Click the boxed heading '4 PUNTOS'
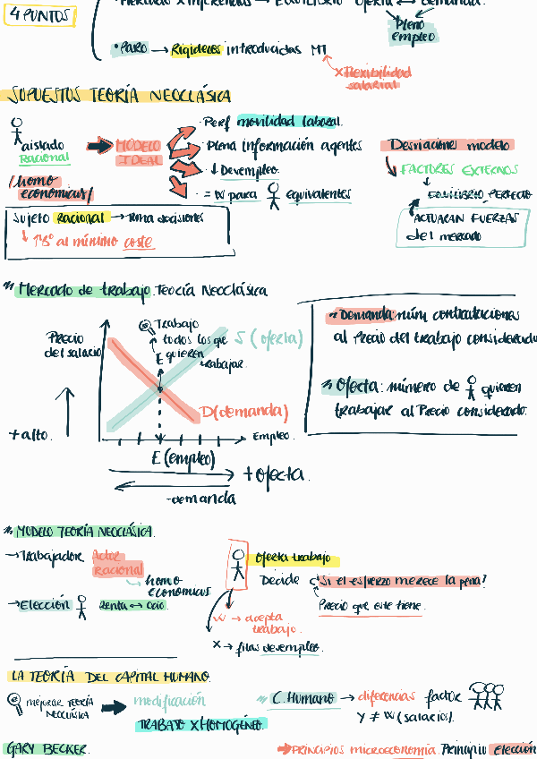pyautogui.click(x=39, y=15)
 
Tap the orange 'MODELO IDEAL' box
pyautogui.click(x=138, y=152)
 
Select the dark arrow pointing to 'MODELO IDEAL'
pyautogui.click(x=98, y=146)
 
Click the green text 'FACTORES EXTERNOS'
pyautogui.click(x=459, y=169)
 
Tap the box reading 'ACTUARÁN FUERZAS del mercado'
pyautogui.click(x=463, y=226)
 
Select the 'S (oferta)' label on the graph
pyautogui.click(x=268, y=338)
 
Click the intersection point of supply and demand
pyautogui.click(x=160, y=388)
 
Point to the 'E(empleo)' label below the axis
pyautogui.click(x=183, y=458)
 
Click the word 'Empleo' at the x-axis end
pyautogui.click(x=271, y=437)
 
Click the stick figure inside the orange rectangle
pyautogui.click(x=237, y=564)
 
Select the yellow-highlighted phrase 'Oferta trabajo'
pyautogui.click(x=293, y=559)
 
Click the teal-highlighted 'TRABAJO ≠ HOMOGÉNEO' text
pyautogui.click(x=200, y=724)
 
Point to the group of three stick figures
pyautogui.click(x=486, y=695)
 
